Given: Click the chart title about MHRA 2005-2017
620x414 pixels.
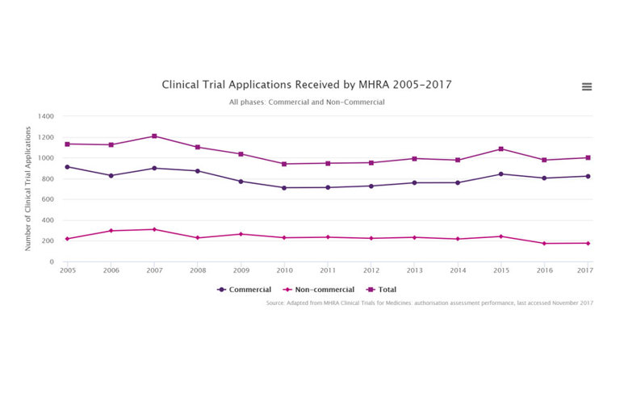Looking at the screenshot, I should pyautogui.click(x=307, y=85).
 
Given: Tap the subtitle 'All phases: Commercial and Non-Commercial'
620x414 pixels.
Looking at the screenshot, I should pyautogui.click(x=307, y=102).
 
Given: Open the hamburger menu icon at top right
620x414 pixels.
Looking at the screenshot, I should pyautogui.click(x=587, y=87).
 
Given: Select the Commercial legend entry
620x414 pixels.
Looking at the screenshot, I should pyautogui.click(x=245, y=290).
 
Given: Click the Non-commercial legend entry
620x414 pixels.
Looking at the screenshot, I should pyautogui.click(x=318, y=290).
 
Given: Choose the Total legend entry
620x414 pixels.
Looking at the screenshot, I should pyautogui.click(x=382, y=290).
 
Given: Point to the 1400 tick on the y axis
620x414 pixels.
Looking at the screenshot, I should pyautogui.click(x=45, y=116).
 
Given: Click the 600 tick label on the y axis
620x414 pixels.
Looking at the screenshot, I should pyautogui.click(x=48, y=199).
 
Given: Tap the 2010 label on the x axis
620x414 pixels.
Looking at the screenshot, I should pyautogui.click(x=284, y=270).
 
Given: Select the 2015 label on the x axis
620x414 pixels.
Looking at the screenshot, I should pyautogui.click(x=501, y=270).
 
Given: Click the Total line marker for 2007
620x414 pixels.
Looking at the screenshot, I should pyautogui.click(x=154, y=136).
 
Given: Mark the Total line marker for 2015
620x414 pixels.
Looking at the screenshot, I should pyautogui.click(x=501, y=149).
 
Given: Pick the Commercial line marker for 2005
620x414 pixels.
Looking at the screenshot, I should pyautogui.click(x=67, y=167).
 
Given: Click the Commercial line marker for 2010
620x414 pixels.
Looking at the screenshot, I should pyautogui.click(x=284, y=188).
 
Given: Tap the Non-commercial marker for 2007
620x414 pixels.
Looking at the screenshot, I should pyautogui.click(x=154, y=229).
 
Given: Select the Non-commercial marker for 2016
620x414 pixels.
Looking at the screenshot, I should pyautogui.click(x=544, y=244).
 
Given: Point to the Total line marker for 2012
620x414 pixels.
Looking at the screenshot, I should pyautogui.click(x=371, y=163).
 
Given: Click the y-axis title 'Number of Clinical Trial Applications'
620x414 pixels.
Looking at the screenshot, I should pyautogui.click(x=27, y=188).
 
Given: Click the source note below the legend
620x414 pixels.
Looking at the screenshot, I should pyautogui.click(x=429, y=303).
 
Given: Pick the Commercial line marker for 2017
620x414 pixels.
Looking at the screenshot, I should pyautogui.click(x=588, y=176).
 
